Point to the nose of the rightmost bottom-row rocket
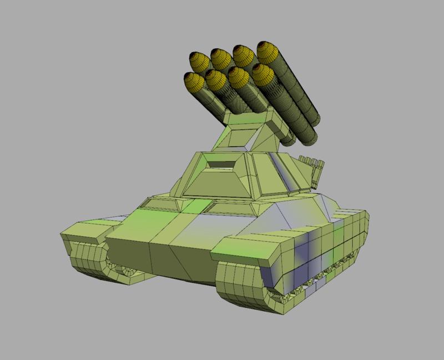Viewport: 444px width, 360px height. click(262, 73)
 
